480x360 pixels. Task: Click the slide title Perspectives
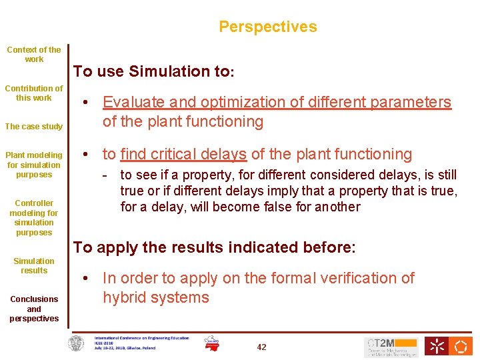click(x=267, y=27)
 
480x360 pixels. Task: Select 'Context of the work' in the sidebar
click(x=34, y=54)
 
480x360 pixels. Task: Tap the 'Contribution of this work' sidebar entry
click(x=34, y=93)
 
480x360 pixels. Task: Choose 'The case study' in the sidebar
click(x=34, y=127)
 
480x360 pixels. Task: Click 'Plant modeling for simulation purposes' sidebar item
click(x=34, y=165)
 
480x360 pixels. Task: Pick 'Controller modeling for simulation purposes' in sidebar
click(x=34, y=218)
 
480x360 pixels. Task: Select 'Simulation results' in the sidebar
click(x=34, y=265)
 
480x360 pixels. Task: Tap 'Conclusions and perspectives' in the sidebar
click(x=34, y=309)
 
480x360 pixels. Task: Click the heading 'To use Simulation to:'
click(x=154, y=71)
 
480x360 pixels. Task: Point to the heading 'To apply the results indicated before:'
click(x=215, y=247)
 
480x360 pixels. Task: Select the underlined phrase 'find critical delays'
click(x=183, y=155)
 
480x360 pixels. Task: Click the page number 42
click(x=261, y=347)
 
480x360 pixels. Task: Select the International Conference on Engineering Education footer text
click(x=141, y=343)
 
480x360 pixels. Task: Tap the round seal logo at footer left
click(x=77, y=343)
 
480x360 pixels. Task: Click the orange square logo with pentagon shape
click(x=461, y=346)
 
